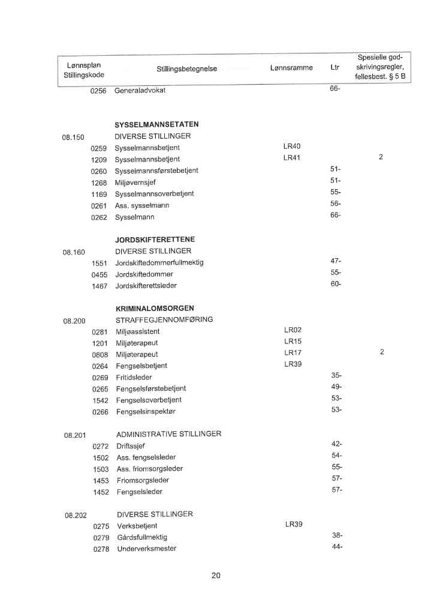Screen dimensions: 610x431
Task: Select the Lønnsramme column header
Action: [291, 68]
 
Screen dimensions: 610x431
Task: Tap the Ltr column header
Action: [334, 68]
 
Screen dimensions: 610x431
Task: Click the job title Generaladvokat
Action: [140, 91]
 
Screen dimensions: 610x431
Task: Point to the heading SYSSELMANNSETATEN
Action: [156, 124]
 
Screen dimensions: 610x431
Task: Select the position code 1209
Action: [98, 159]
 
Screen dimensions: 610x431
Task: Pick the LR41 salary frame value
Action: [292, 158]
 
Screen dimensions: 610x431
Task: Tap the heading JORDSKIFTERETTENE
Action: [155, 240]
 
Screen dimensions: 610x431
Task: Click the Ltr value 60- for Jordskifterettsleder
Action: [336, 284]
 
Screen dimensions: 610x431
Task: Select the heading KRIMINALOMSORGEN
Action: [154, 309]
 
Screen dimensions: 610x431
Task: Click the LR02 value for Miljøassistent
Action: [293, 330]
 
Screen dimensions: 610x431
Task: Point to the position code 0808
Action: [100, 354]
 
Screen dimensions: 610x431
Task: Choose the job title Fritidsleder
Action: [134, 377]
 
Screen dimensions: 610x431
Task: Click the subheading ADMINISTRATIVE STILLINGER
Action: [168, 434]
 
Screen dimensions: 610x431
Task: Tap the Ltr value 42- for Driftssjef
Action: [336, 444]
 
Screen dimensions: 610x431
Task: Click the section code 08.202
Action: [76, 515]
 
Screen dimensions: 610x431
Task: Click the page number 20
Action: [216, 576]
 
